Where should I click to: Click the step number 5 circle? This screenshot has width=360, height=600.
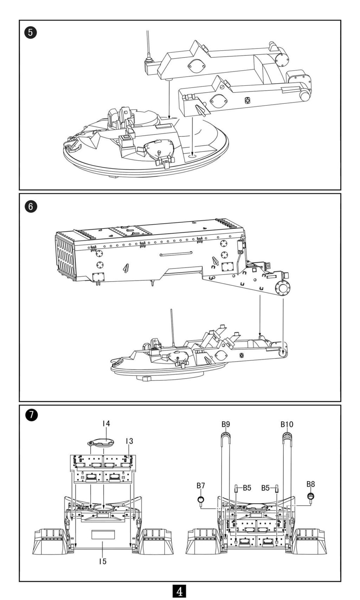click(31, 33)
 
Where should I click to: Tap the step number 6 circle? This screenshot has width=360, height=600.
click(31, 206)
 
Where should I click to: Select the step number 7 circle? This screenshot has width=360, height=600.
click(31, 415)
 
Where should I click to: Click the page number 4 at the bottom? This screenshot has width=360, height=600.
click(180, 592)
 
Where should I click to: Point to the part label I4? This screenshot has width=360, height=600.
click(106, 424)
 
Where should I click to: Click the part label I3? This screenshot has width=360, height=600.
click(129, 441)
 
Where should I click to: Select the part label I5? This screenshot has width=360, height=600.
click(102, 561)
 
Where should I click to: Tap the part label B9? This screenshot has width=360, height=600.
click(226, 424)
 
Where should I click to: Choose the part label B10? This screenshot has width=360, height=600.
click(287, 424)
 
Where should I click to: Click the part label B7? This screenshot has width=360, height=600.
click(200, 485)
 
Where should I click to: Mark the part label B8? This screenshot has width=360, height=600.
click(310, 484)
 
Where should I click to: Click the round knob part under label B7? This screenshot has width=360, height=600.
click(200, 500)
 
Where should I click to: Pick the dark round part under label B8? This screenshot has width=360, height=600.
click(311, 496)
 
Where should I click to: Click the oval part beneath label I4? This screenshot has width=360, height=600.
click(99, 443)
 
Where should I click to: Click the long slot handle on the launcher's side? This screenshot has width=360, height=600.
click(176, 254)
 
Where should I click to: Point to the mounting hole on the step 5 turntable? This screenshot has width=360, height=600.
click(192, 154)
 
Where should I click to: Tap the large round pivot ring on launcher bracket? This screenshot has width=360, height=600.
click(283, 289)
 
